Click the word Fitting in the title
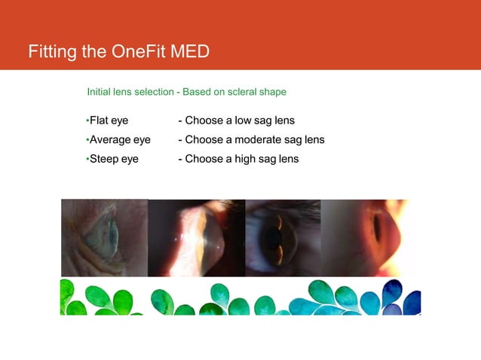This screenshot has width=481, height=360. pos(53,52)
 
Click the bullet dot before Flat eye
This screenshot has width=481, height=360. pos(87,121)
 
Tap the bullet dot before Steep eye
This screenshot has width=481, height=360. pos(87,158)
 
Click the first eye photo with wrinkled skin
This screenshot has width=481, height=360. pos(104,237)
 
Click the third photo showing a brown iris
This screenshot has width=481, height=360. pos(283,237)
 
